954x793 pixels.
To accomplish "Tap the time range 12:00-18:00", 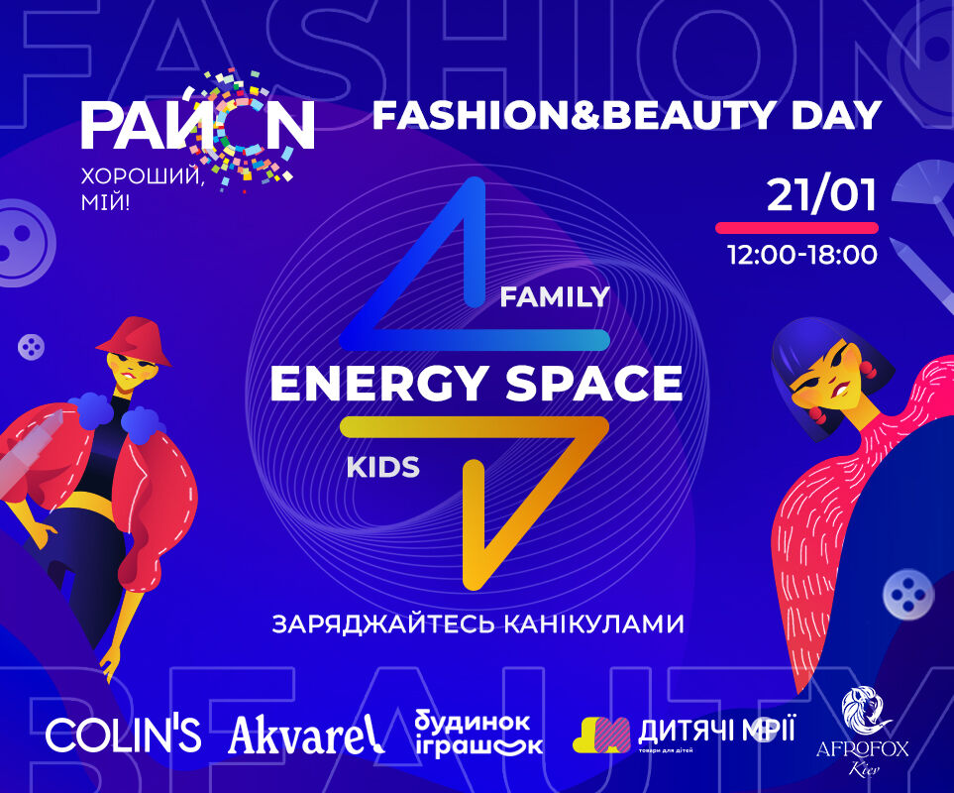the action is [x=802, y=255].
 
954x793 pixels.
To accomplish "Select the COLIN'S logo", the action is [x=123, y=735].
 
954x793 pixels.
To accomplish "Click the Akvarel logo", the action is [x=306, y=735].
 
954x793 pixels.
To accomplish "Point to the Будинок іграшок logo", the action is [x=478, y=733].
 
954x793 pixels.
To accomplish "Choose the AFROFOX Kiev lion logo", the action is [x=863, y=733].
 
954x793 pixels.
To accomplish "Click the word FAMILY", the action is [x=554, y=297].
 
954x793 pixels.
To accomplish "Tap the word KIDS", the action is [x=382, y=468].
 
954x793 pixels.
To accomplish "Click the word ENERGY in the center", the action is [x=377, y=384].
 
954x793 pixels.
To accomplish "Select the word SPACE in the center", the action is [x=593, y=384].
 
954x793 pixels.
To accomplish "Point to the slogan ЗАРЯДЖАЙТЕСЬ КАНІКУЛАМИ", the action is [x=477, y=624].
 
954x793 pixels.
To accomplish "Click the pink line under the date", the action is [x=797, y=228].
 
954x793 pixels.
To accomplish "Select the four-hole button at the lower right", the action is [x=908, y=594].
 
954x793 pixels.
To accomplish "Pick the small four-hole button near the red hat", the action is [x=31, y=347].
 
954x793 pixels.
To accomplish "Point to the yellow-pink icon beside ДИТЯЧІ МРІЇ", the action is [x=601, y=735].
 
